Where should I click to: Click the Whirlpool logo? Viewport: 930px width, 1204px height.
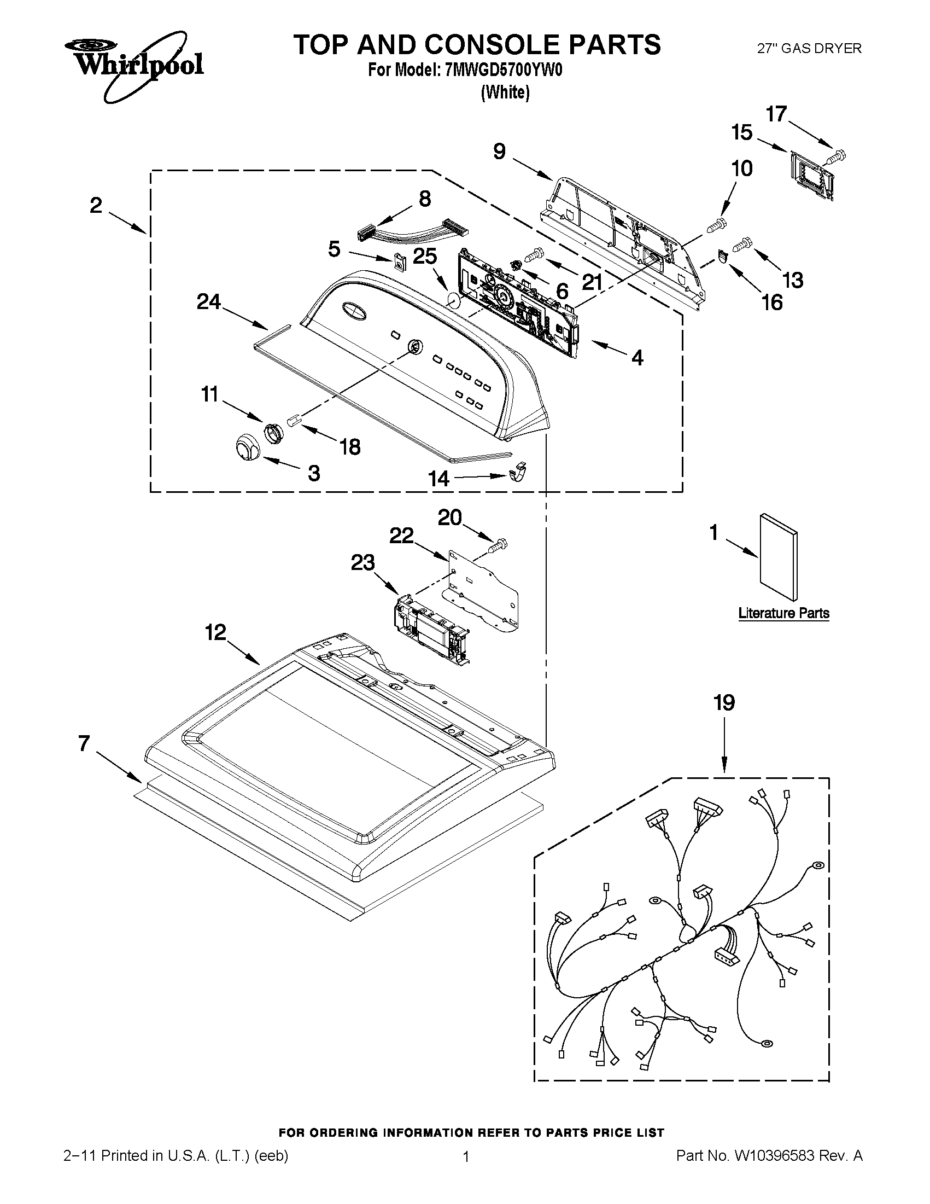tap(138, 66)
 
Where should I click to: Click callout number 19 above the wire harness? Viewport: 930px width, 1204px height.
tap(724, 703)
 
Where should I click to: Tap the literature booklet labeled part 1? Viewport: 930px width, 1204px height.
tap(778, 557)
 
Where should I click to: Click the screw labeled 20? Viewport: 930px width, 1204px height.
tap(498, 546)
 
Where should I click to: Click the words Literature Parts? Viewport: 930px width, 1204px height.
tap(783, 613)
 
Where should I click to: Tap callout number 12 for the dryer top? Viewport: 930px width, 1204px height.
tap(216, 632)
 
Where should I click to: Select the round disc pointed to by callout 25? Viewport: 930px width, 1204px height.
tap(453, 302)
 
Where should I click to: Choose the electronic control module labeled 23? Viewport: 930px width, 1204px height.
tap(431, 629)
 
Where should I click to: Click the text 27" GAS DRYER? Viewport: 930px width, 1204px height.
tap(809, 49)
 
